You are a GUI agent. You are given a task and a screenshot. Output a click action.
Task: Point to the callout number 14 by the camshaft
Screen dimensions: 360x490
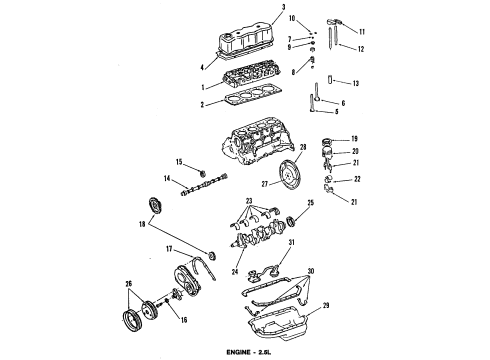[167, 180]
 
